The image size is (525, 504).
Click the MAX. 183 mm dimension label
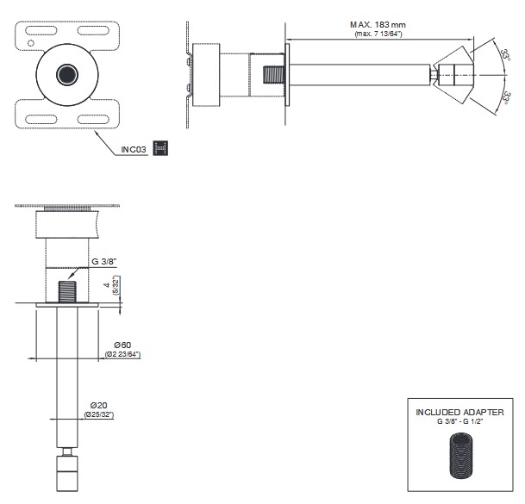tap(378, 24)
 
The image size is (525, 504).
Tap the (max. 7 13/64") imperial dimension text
tap(378, 34)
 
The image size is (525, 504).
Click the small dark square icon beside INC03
tap(160, 147)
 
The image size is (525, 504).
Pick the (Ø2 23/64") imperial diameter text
tap(123, 354)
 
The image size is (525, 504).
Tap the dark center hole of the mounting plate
tap(66, 74)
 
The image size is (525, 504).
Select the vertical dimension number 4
tap(106, 285)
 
